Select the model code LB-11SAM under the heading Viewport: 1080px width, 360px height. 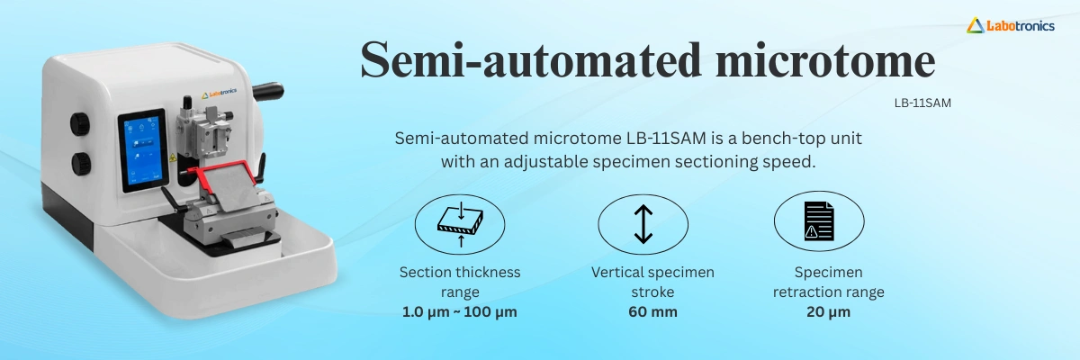pyautogui.click(x=922, y=103)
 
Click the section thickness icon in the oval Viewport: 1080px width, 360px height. pyautogui.click(x=459, y=223)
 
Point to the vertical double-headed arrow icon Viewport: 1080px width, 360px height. pyautogui.click(x=643, y=223)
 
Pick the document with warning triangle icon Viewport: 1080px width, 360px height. pyautogui.click(x=818, y=222)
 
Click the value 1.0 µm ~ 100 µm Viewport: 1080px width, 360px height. pyautogui.click(x=459, y=312)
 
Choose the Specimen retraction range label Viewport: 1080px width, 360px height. pyautogui.click(x=827, y=282)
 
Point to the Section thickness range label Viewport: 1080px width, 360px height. pyautogui.click(x=459, y=282)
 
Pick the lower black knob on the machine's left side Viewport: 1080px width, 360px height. pyautogui.click(x=82, y=164)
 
